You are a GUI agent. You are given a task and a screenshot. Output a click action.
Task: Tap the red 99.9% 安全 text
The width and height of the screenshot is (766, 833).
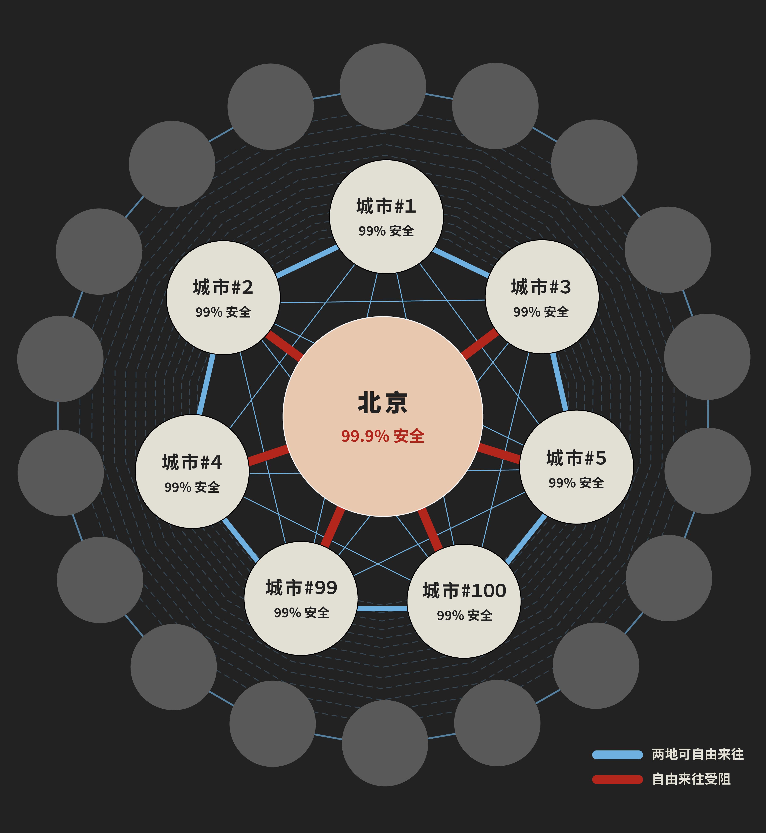383,436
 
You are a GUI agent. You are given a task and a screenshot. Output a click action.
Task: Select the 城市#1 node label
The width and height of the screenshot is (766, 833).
386,206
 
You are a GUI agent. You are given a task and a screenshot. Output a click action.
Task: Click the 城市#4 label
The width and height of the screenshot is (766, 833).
192,462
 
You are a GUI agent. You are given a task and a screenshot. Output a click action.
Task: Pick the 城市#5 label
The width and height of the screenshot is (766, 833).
576,458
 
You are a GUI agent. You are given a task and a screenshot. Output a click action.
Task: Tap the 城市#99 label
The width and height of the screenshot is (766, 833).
301,588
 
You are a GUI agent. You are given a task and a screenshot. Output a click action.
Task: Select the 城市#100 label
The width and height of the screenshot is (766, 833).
464,591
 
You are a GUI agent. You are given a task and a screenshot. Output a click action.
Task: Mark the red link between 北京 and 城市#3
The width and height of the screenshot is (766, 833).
479,344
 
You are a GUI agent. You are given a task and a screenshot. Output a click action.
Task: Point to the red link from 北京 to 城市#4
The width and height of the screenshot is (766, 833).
268,455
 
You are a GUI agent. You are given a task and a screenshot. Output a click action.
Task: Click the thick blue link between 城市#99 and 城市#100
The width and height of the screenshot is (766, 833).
382,608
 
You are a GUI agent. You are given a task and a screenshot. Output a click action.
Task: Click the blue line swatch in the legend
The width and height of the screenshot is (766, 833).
617,755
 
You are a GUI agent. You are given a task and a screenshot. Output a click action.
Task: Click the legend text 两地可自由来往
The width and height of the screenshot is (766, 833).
698,754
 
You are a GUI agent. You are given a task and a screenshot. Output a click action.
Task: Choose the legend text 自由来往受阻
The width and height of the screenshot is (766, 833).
691,779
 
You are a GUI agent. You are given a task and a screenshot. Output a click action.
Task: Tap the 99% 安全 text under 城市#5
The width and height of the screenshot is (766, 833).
576,483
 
